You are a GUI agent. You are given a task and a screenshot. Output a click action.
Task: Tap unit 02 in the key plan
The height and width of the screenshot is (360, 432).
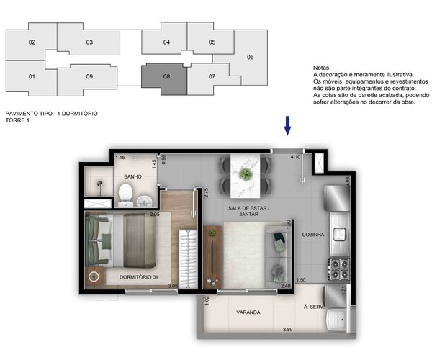[x=32, y=42]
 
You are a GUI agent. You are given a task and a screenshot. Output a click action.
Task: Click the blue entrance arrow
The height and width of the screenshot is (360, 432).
[x=287, y=125]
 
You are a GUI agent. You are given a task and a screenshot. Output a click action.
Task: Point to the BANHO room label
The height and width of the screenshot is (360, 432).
[x=132, y=176]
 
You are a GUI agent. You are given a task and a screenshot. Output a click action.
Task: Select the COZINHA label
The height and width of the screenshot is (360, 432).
[x=313, y=235]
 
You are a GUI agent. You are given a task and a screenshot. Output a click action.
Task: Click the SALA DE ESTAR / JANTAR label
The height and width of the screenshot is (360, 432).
[x=247, y=210]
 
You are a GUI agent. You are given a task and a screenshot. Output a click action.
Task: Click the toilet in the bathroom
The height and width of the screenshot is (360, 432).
[x=126, y=192]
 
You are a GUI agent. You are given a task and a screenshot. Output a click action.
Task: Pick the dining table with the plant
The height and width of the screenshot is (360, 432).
[x=246, y=175]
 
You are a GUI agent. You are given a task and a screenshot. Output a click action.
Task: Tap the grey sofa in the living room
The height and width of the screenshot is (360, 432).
[x=277, y=256]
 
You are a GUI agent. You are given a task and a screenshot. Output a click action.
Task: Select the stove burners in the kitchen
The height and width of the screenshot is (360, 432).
[x=338, y=268]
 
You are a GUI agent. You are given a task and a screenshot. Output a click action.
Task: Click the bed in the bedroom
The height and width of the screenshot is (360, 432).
[x=122, y=241]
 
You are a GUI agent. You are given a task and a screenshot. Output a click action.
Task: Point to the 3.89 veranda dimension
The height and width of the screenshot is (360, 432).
[x=287, y=328]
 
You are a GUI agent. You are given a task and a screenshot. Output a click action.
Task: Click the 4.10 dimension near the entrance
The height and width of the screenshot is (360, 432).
[x=294, y=156]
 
